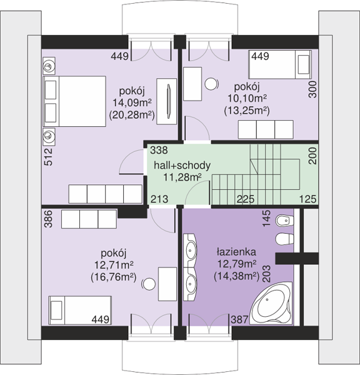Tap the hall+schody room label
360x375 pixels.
[x=182, y=165]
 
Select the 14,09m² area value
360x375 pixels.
[x=132, y=102]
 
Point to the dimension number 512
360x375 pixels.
[x=48, y=157]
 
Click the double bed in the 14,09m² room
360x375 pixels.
[x=74, y=101]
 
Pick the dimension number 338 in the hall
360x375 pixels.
[x=159, y=150]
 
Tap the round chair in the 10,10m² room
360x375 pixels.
[x=211, y=84]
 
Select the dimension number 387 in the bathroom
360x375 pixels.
[x=239, y=319]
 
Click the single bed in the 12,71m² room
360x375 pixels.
[x=80, y=310]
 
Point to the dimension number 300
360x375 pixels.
[x=312, y=89]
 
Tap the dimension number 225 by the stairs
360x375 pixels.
[x=246, y=199]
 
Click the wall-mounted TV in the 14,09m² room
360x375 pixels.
[x=169, y=101]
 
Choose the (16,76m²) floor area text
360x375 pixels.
[x=114, y=277]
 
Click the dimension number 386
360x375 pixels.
[x=48, y=219]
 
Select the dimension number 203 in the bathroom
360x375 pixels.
[x=267, y=274]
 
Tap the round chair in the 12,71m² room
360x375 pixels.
[x=149, y=284]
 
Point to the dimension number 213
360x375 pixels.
[x=159, y=199]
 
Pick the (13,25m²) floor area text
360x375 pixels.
[x=247, y=111]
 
